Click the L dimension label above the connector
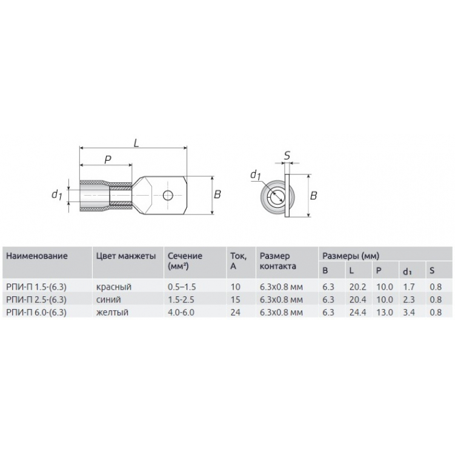(x=136, y=142)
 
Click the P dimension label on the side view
(x=108, y=159)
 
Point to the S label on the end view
(x=287, y=156)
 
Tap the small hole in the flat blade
(x=168, y=195)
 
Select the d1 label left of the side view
(x=56, y=194)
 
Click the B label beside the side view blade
(x=218, y=194)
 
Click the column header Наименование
(x=37, y=256)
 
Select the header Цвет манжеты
(x=126, y=256)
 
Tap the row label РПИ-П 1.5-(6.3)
(x=36, y=287)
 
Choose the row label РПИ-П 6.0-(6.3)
(x=36, y=312)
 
